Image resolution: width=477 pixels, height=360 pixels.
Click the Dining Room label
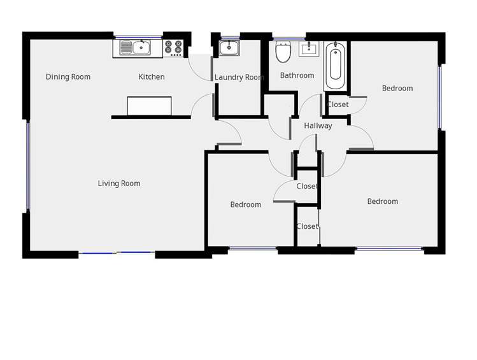click(x=68, y=77)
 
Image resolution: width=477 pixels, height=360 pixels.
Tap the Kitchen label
click(x=152, y=77)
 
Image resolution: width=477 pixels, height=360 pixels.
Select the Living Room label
click(x=119, y=184)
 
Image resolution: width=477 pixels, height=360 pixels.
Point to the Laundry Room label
click(x=239, y=78)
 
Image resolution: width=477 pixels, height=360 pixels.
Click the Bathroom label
click(x=297, y=75)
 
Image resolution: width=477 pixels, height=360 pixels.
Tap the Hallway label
click(x=318, y=126)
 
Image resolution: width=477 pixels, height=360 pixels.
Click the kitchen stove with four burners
click(x=173, y=47)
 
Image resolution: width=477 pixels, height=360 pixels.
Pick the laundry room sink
click(x=229, y=48)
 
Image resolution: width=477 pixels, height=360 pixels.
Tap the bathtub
click(x=336, y=66)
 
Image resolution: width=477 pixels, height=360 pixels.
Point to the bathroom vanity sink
click(x=311, y=49)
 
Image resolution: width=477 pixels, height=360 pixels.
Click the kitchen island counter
click(x=150, y=106)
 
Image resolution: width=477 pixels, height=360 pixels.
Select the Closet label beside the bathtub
click(x=338, y=104)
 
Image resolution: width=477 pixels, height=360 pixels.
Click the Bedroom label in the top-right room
click(x=397, y=89)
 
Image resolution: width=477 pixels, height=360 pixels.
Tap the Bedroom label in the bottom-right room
click(x=383, y=201)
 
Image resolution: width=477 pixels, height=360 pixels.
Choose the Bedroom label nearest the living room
click(x=246, y=205)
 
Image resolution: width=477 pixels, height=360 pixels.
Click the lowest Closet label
click(x=307, y=226)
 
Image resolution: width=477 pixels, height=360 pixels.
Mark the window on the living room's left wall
click(x=28, y=166)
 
